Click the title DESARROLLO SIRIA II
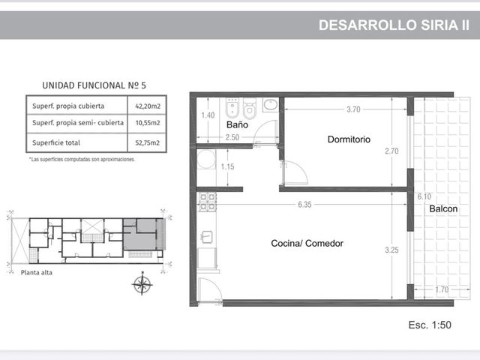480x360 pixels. (x=394, y=25)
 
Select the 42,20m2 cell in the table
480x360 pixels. (x=148, y=106)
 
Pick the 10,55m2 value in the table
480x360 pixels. (x=148, y=123)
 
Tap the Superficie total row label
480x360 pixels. (x=56, y=142)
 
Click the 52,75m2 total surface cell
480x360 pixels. (x=147, y=142)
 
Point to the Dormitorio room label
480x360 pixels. (x=349, y=139)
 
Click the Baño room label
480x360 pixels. (x=237, y=124)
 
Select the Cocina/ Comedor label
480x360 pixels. (x=307, y=243)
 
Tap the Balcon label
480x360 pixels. (x=443, y=208)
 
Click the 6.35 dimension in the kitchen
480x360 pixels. (x=304, y=205)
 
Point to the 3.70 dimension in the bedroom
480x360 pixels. (x=353, y=109)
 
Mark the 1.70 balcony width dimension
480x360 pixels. (x=442, y=289)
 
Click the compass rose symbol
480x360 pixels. (x=142, y=283)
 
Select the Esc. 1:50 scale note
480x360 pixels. (x=430, y=325)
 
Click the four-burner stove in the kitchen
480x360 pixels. (x=208, y=202)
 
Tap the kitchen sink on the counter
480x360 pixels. (x=207, y=237)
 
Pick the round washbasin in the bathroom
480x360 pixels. (x=271, y=105)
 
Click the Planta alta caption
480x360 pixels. (x=37, y=272)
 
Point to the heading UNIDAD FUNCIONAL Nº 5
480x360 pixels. (x=94, y=85)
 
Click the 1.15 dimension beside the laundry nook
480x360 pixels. (x=227, y=166)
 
